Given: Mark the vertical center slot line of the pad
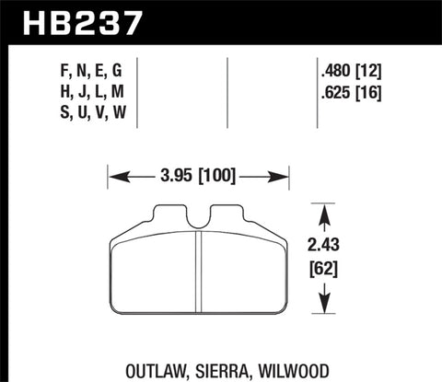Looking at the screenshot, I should click(x=200, y=276).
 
